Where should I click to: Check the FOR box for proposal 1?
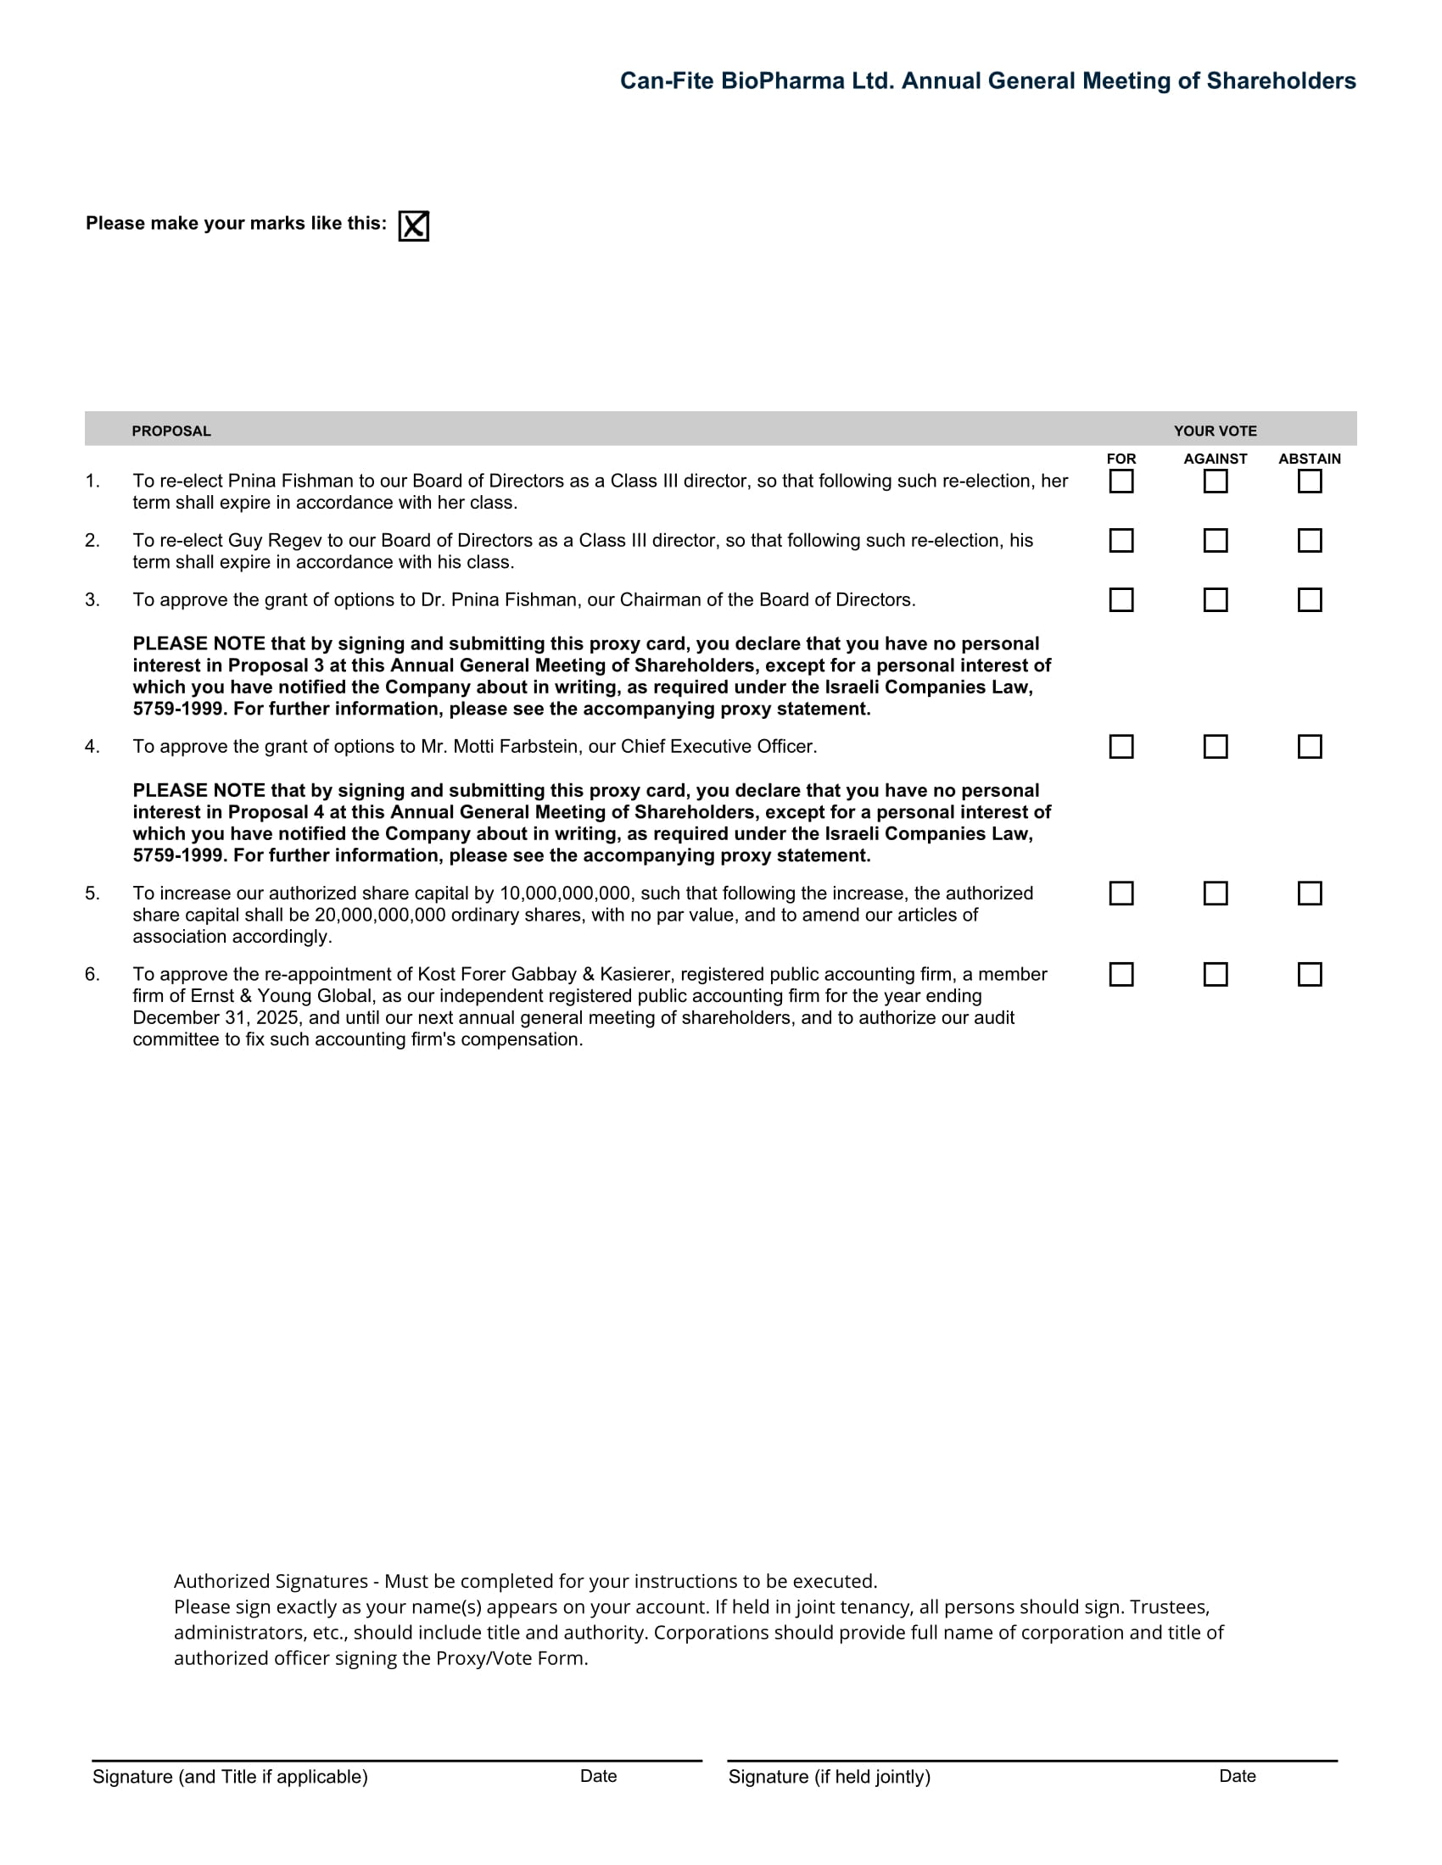pos(1121,482)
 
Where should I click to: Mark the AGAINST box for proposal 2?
pos(1215,541)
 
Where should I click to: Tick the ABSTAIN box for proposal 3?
pos(1309,600)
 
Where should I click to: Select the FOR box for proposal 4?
pos(1121,747)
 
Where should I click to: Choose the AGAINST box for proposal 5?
pos(1215,894)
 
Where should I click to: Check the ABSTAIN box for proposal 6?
pos(1309,974)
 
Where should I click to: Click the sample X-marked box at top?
pos(413,226)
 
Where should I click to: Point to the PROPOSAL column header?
pos(170,431)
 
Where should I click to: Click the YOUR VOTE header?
pos(1215,431)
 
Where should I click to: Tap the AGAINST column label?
pos(1215,459)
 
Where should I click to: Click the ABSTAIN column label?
pos(1309,459)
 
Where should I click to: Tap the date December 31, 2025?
pos(215,1018)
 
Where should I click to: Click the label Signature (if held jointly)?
pos(829,1777)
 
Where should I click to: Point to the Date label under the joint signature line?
pos(1237,1776)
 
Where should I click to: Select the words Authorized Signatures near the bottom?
pos(271,1581)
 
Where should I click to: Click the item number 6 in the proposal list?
pos(92,974)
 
